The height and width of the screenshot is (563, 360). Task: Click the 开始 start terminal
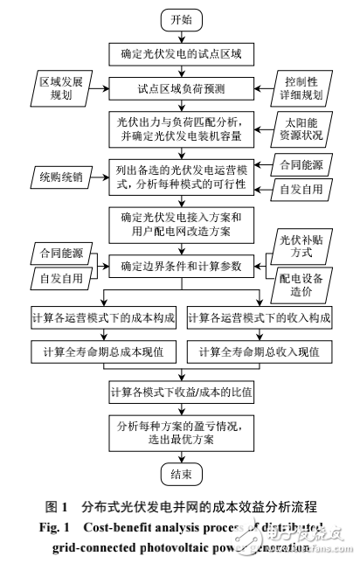tap(181, 19)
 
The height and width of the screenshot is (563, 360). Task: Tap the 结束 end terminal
tap(181, 475)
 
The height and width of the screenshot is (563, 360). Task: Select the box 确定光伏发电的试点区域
tap(181, 54)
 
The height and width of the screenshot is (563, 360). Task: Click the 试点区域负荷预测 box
tap(181, 88)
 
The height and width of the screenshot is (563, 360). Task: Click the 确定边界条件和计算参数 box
tap(181, 266)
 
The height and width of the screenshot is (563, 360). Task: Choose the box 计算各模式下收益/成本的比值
tap(181, 390)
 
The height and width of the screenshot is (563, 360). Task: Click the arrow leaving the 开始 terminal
tap(181, 36)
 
